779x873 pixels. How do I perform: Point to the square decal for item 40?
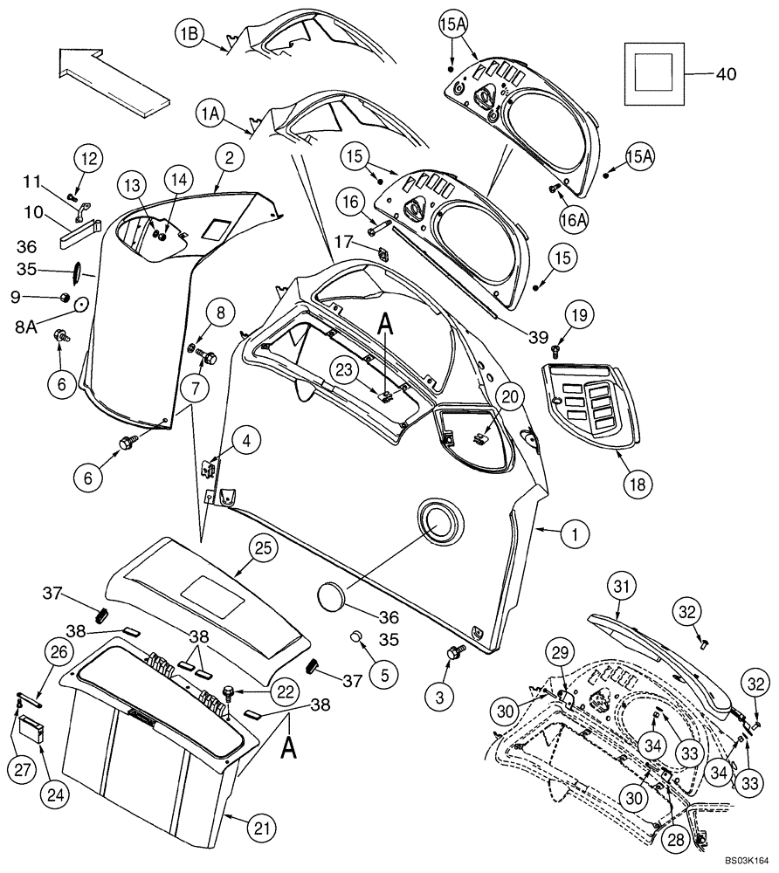654,74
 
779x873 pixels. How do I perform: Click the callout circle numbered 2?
229,159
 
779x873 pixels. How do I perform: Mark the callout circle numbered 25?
260,548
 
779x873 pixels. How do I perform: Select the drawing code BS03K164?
744,861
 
